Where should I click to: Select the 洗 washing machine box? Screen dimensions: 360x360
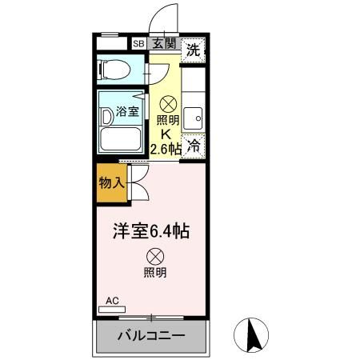193,49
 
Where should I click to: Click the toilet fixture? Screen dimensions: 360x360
115,69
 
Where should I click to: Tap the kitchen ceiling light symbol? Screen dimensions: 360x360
168,103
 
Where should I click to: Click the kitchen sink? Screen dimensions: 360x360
194,118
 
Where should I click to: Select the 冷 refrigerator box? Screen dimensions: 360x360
193,146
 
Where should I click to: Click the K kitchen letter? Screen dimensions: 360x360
167,134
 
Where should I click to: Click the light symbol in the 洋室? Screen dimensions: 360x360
154,256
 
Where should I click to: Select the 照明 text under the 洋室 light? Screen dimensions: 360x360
154,273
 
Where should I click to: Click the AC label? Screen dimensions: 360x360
112,301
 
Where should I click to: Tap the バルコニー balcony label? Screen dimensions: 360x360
152,335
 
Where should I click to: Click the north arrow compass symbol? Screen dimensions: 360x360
254,335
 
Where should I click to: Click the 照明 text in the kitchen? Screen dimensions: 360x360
167,120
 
